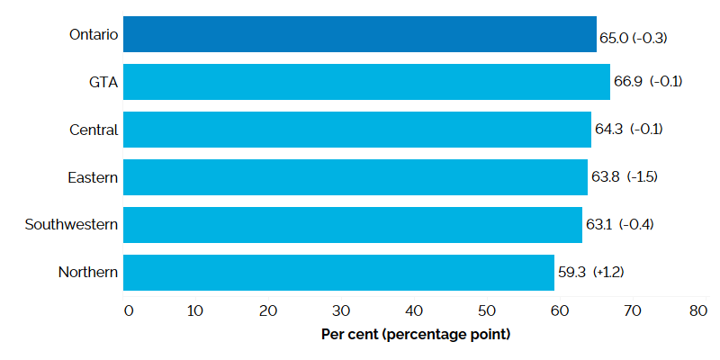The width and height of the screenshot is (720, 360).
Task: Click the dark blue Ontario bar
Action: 360,33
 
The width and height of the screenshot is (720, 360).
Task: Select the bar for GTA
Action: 366,81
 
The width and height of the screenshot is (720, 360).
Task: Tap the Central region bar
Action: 357,129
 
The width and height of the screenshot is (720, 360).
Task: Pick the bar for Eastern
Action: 355,176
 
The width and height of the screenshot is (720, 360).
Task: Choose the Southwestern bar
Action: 353,224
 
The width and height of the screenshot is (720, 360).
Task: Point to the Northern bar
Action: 338,272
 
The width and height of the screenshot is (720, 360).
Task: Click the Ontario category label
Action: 94,34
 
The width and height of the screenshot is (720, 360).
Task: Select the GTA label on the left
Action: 104,82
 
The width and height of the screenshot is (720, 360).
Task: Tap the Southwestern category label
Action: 72,224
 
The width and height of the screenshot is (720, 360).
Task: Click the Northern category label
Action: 88,272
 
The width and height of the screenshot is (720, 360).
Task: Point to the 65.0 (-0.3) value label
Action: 633,39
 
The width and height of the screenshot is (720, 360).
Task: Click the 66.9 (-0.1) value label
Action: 647,82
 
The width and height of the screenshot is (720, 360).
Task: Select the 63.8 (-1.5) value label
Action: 625,176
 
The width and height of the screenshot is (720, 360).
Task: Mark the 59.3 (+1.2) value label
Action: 591,272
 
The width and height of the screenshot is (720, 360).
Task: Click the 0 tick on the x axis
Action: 128,311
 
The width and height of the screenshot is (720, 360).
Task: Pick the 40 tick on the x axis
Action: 414,311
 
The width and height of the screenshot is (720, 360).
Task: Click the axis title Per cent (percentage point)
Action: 416,335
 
